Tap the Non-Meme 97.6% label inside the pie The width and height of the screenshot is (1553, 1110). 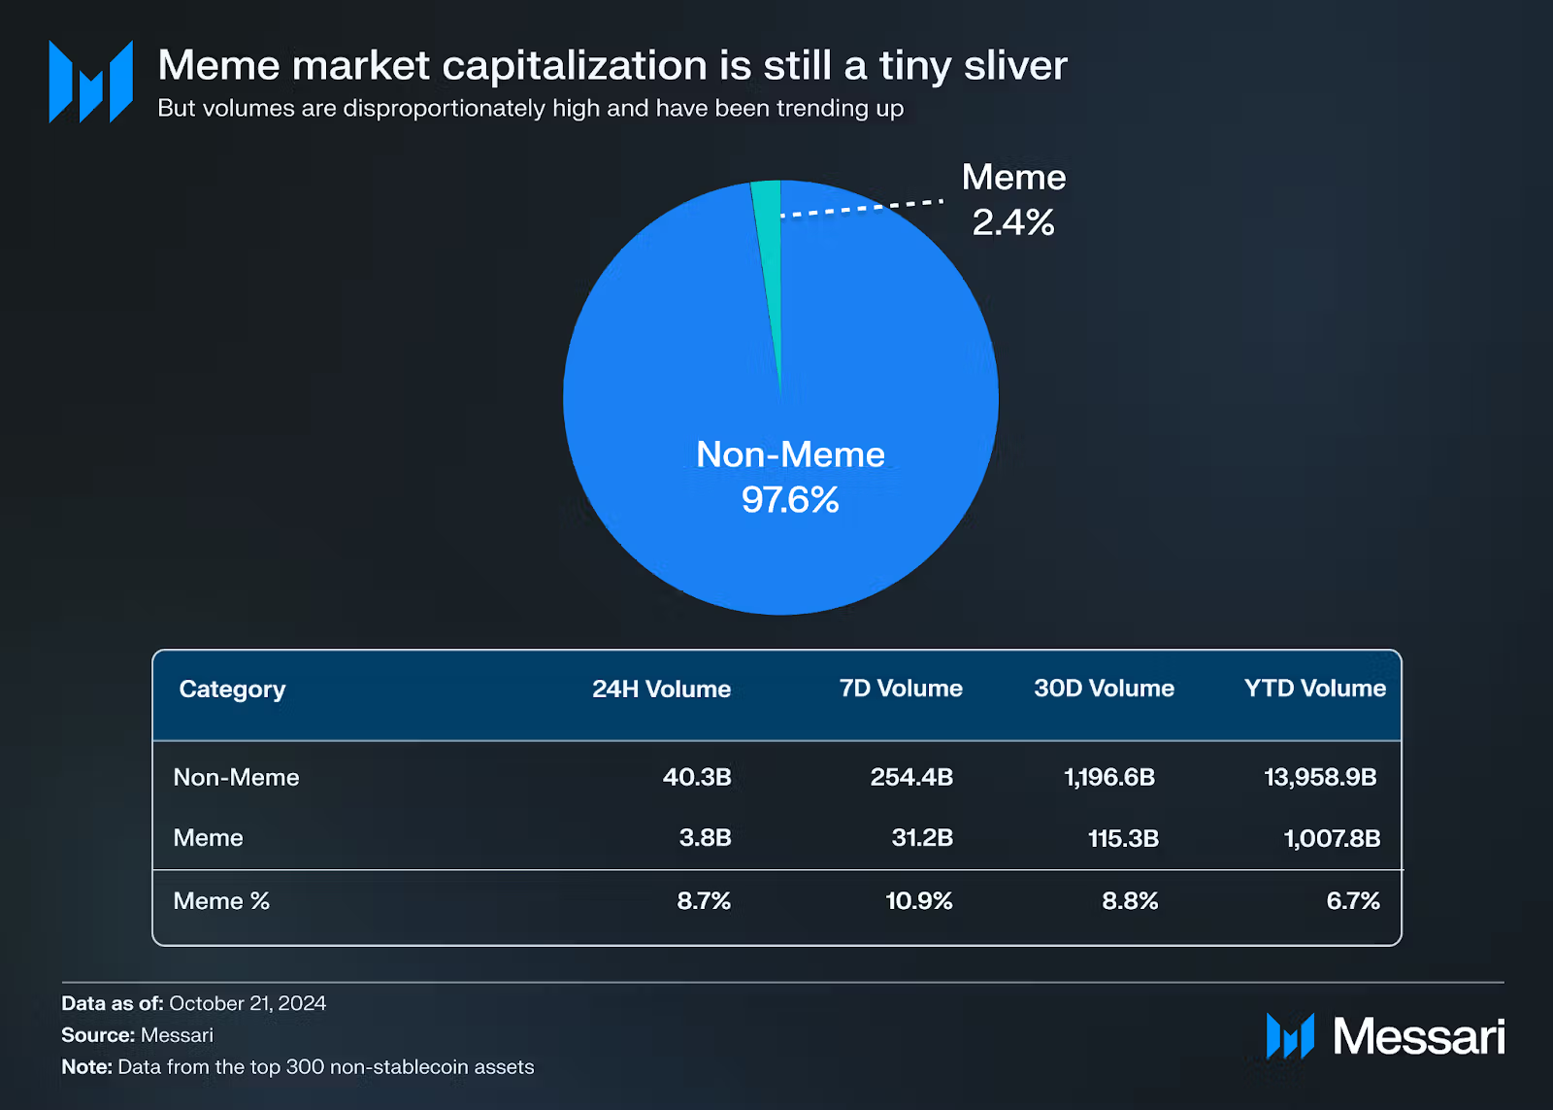tap(790, 477)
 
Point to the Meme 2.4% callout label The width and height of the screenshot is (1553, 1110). tap(1013, 200)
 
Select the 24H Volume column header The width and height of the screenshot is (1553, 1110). tap(661, 690)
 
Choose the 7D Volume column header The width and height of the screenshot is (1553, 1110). tap(901, 689)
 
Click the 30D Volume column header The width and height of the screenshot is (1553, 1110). tap(1104, 689)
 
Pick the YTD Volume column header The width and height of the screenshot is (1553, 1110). tap(1314, 689)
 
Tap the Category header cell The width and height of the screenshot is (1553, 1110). tap(232, 690)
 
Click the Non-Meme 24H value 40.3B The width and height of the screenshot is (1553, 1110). tap(697, 778)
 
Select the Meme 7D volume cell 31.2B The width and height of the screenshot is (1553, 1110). tap(922, 838)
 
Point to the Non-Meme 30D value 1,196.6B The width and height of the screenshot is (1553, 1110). tap(1109, 778)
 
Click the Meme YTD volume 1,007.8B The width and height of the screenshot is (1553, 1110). tap(1332, 838)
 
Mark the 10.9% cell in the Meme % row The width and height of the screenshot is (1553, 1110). tap(918, 901)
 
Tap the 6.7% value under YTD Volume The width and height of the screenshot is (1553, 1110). tap(1353, 901)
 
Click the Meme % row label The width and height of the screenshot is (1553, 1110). tap(221, 901)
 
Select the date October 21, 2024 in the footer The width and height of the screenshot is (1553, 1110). tap(248, 1003)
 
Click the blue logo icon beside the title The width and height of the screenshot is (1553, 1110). tap(91, 82)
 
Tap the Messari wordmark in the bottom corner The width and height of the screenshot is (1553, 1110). tap(1418, 1036)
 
